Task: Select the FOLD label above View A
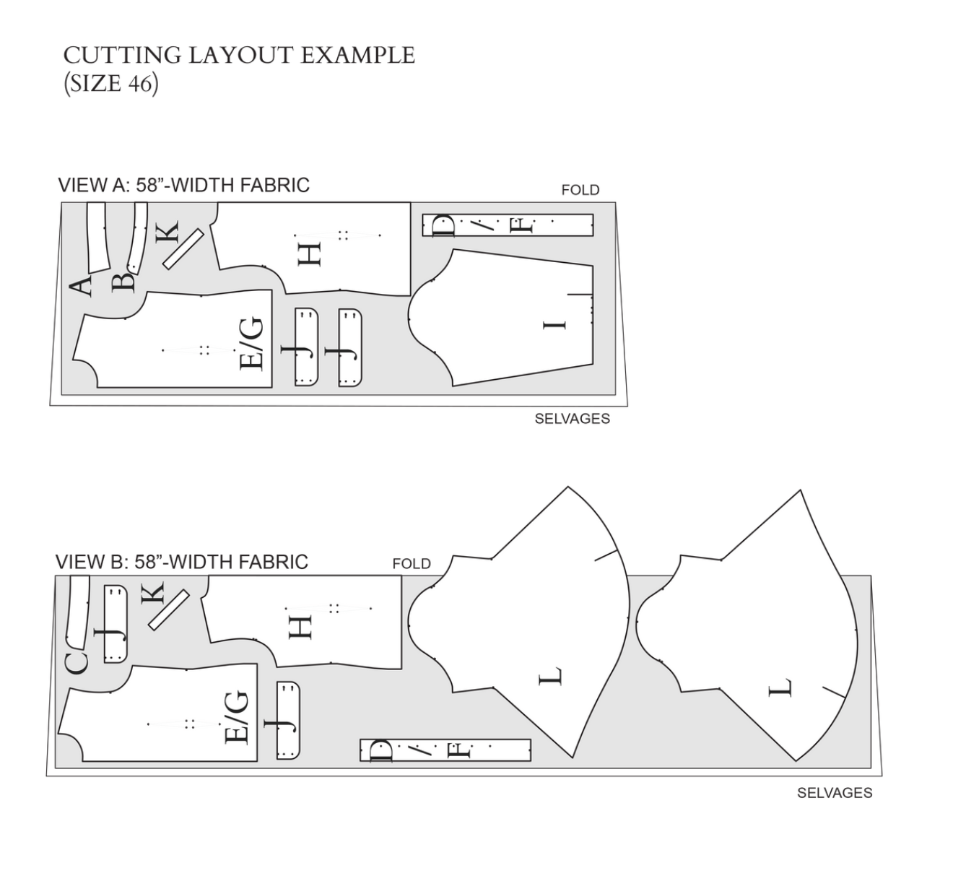580,190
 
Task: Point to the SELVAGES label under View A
572,419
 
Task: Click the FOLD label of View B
412,564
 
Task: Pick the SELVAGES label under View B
834,793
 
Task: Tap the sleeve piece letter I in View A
555,324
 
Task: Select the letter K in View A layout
166,233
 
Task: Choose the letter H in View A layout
310,254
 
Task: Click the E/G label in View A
252,344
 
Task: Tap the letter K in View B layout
153,594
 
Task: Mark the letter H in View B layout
300,626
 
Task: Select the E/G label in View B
237,717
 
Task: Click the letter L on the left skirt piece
550,677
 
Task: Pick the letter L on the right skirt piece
780,688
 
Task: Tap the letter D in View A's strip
443,226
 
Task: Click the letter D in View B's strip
380,751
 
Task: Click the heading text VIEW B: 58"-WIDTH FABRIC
182,562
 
